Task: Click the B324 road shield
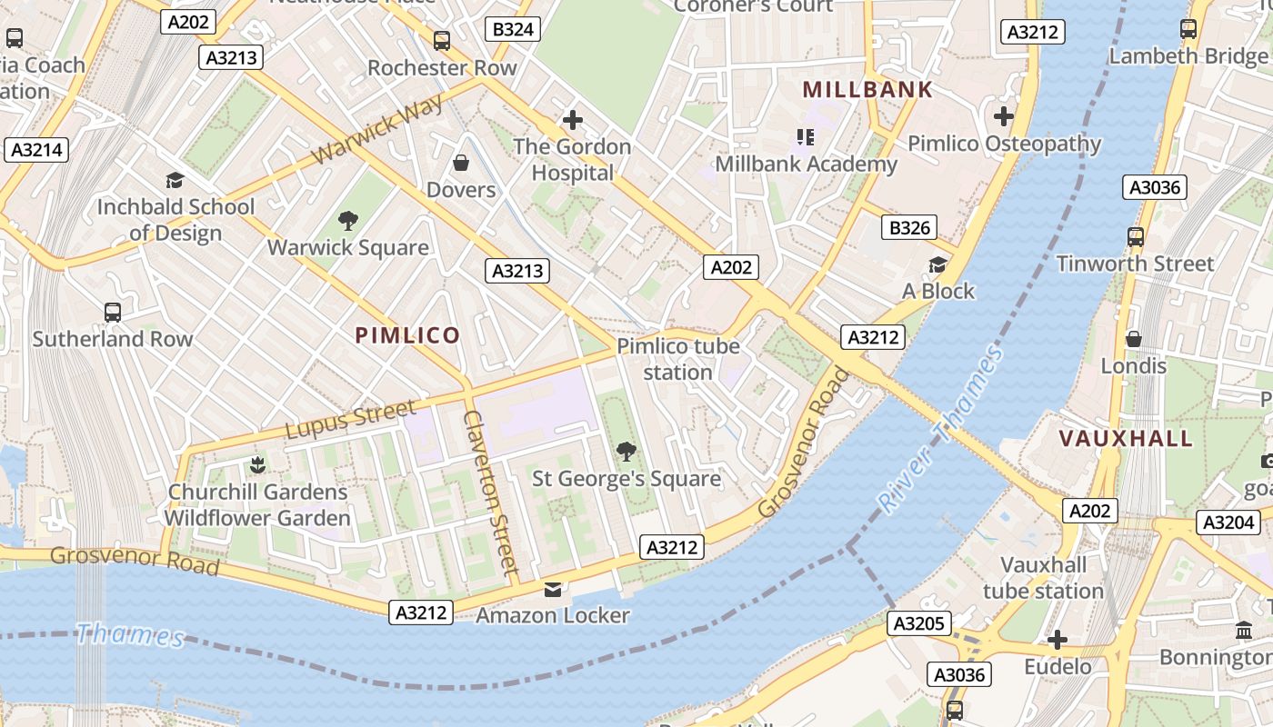point(513,29)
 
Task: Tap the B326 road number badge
point(910,227)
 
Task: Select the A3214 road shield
point(36,150)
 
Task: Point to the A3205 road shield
point(919,623)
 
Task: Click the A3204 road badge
point(1229,523)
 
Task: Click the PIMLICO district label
point(407,335)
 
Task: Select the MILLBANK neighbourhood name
point(868,89)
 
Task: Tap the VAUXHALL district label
point(1126,438)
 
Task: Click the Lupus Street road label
point(351,419)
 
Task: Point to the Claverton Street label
point(490,492)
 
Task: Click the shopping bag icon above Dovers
point(461,163)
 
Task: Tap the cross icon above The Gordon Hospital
point(572,119)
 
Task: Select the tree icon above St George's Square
point(626,451)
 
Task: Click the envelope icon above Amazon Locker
point(553,590)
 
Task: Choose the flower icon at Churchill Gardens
point(257,465)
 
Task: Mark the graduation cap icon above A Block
point(937,264)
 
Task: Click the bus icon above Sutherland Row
point(113,312)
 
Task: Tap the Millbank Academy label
point(806,164)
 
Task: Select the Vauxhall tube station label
point(1043,578)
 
